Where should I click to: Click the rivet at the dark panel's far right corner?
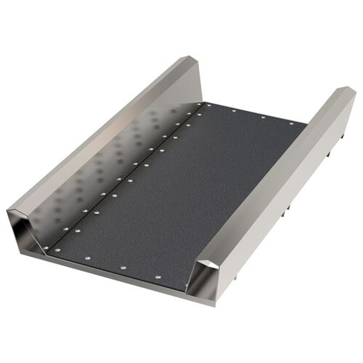click(x=291, y=123)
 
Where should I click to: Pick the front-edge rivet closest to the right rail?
click(x=158, y=277)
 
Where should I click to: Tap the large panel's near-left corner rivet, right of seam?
click(x=57, y=250)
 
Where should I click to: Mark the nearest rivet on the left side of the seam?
click(x=46, y=248)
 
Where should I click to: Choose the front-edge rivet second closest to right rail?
click(x=123, y=268)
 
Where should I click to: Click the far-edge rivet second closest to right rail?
click(x=263, y=117)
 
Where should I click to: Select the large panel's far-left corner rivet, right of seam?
click(x=209, y=105)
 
